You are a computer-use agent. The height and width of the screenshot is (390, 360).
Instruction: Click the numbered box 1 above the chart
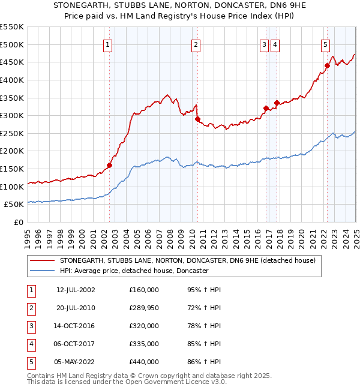(107, 44)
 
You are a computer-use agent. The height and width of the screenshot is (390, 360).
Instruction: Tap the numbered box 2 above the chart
(196, 44)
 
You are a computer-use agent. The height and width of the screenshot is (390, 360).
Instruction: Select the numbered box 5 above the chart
(325, 44)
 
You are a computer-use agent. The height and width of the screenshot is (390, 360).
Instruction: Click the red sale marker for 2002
(109, 165)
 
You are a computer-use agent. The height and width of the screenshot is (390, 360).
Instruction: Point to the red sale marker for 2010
(197, 119)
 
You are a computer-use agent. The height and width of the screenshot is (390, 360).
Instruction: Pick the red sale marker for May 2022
(327, 65)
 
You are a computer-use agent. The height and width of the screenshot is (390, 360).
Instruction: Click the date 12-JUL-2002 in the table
(76, 290)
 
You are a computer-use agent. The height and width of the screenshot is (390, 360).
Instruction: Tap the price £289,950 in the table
(143, 308)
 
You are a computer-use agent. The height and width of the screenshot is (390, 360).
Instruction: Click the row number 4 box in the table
(31, 344)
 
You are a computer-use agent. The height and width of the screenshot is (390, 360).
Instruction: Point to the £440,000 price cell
(143, 362)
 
